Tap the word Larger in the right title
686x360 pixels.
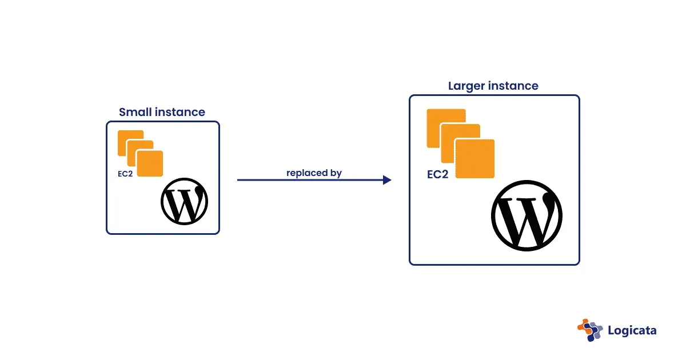coord(467,86)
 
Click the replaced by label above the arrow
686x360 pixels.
coord(314,173)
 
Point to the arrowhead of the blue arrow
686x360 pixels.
coord(387,180)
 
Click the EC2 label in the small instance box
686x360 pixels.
coord(125,174)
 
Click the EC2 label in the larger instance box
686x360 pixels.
coord(437,174)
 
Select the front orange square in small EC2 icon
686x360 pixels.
coord(150,163)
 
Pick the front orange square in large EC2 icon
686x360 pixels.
coord(474,158)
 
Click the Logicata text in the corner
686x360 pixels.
coord(632,330)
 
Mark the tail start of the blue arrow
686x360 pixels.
coord(239,180)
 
